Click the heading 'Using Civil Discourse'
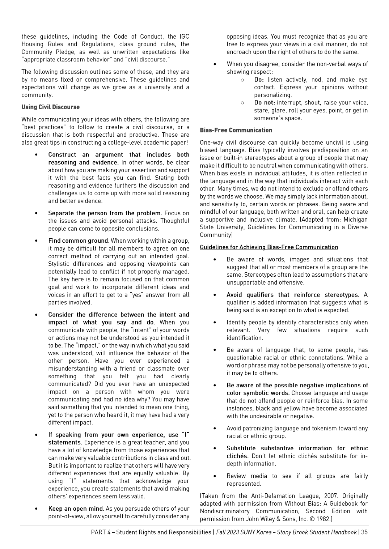tap(50, 107)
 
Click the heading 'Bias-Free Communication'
tap(236, 130)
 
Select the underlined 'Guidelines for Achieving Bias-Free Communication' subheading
tap(269, 247)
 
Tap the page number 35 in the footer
tap(364, 532)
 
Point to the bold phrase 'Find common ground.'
tap(79, 241)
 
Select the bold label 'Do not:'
tap(265, 103)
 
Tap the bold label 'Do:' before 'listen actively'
tap(259, 80)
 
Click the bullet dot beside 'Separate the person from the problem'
tap(36, 213)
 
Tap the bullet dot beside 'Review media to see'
tap(215, 476)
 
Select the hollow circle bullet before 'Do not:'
tap(242, 103)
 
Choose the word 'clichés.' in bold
tap(237, 456)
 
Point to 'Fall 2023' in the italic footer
tap(228, 532)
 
